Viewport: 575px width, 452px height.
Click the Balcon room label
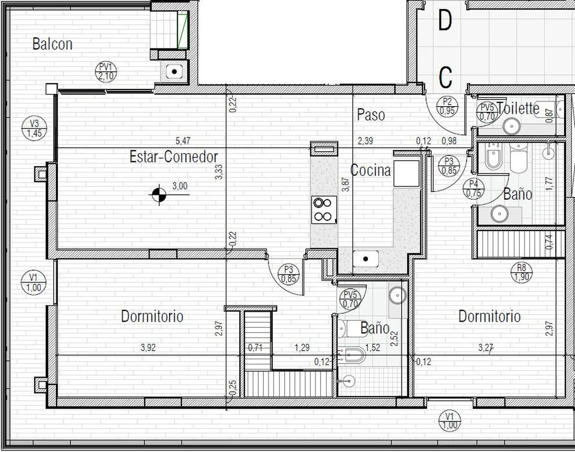click(52, 44)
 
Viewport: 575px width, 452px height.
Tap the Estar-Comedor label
click(173, 156)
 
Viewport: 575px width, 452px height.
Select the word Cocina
click(370, 170)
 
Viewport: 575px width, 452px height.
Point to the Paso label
click(371, 115)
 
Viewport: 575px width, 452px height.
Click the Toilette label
click(518, 108)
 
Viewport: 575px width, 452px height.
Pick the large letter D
click(445, 21)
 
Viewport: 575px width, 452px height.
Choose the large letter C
click(445, 78)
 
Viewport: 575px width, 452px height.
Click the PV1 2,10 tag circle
click(106, 72)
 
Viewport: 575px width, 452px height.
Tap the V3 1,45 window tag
click(34, 128)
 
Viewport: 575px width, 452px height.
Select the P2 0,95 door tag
click(447, 107)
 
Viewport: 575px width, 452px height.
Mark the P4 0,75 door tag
click(473, 189)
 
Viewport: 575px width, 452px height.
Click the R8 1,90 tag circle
click(521, 273)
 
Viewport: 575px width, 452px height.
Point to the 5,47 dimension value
click(183, 141)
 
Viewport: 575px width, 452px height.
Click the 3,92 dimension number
click(148, 347)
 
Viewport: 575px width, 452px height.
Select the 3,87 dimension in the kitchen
click(345, 184)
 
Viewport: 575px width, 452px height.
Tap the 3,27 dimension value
click(485, 347)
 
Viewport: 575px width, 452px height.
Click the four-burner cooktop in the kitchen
click(324, 210)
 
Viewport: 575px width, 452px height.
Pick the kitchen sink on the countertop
click(366, 259)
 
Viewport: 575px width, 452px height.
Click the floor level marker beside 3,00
click(159, 195)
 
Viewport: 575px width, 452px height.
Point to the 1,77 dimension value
click(549, 184)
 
